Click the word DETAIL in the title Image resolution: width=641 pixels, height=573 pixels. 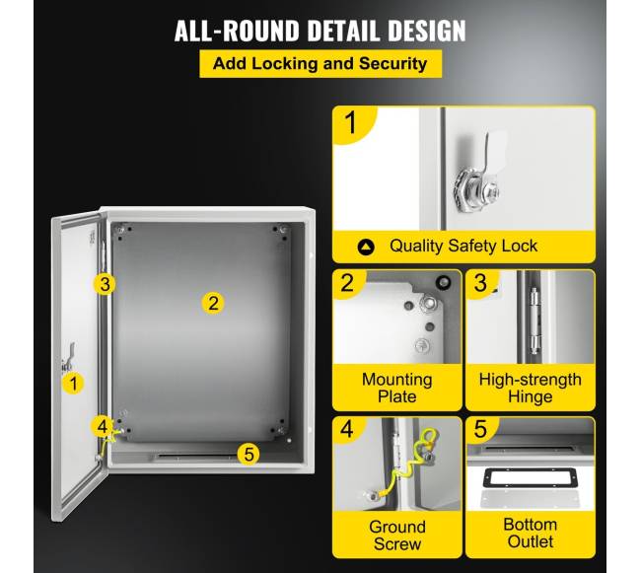coord(343,31)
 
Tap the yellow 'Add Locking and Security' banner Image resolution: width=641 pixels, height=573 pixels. coord(320,64)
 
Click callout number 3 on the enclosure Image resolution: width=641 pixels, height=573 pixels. coord(105,284)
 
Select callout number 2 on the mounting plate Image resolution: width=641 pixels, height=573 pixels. coord(213,303)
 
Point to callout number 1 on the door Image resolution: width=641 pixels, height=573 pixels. coord(73,384)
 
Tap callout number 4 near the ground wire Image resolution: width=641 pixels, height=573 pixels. coord(102,426)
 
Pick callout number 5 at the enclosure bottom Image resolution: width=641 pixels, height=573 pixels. coord(249,454)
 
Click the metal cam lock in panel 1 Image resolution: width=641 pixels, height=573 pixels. coord(477,188)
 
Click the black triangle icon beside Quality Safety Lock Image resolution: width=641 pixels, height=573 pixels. coord(366,247)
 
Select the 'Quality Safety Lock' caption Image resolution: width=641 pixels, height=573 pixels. coord(463,246)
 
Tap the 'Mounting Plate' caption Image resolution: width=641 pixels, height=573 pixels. coord(397,388)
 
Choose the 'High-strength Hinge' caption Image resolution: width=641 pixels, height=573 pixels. coord(531,388)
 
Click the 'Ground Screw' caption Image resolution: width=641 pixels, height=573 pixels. coord(397,536)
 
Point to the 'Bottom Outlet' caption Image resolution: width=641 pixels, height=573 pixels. coord(531,533)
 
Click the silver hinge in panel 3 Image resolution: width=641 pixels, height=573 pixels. coord(534,321)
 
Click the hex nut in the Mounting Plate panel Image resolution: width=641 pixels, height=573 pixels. coord(428,304)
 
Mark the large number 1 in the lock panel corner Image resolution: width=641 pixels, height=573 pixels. coord(351,122)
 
